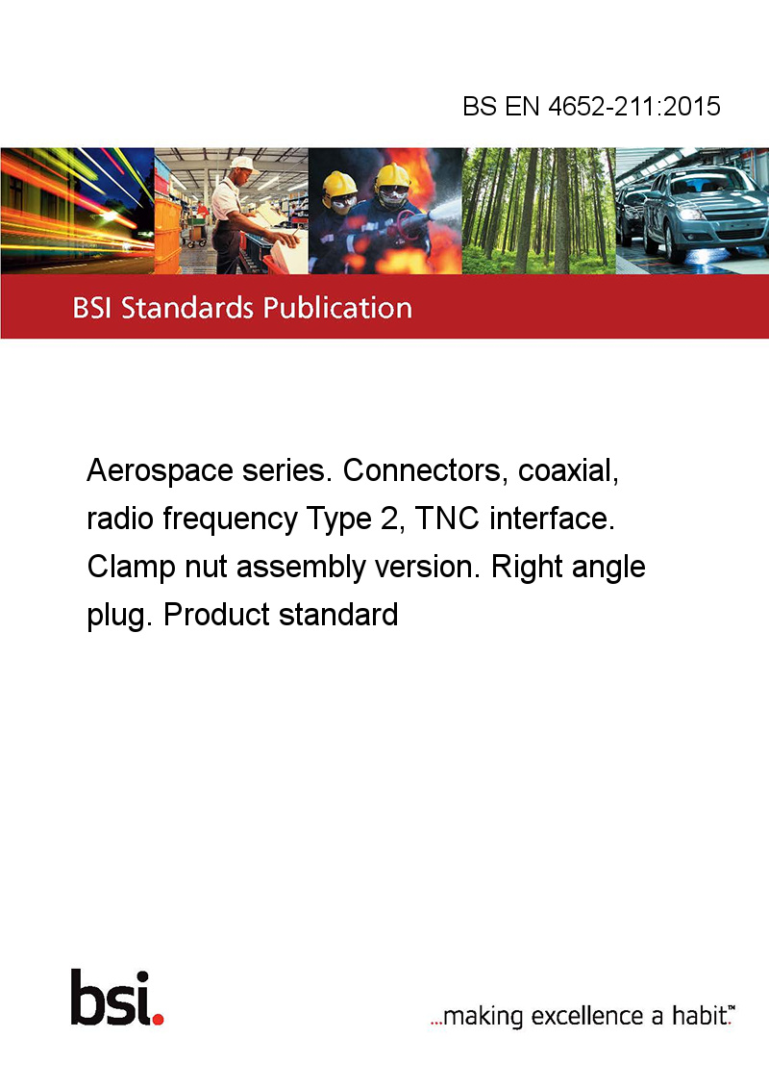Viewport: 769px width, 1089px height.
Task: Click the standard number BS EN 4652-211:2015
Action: pyautogui.click(x=591, y=106)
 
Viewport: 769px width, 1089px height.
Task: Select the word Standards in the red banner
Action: pyautogui.click(x=186, y=308)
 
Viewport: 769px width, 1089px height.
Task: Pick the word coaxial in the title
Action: pyautogui.click(x=568, y=470)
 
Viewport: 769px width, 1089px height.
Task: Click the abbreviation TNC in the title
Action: pyautogui.click(x=447, y=519)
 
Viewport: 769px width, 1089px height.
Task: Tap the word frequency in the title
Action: pyautogui.click(x=230, y=519)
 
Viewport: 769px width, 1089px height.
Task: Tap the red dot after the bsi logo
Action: pyautogui.click(x=158, y=1018)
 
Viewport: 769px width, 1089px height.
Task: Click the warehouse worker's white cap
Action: pyautogui.click(x=243, y=164)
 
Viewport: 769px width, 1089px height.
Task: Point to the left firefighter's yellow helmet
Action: pyautogui.click(x=339, y=184)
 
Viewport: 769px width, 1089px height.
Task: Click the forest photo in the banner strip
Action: pyautogui.click(x=538, y=211)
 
